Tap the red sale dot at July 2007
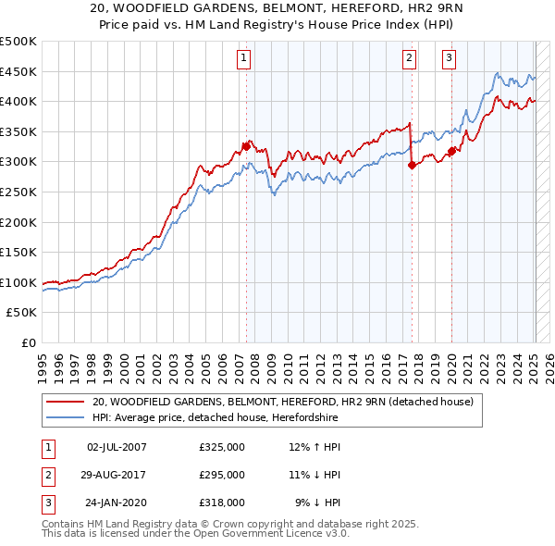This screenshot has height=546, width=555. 246,145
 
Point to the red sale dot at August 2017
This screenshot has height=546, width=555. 412,165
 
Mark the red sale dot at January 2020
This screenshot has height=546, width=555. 451,151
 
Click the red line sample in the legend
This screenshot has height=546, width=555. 65,402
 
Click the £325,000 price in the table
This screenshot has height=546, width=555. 222,447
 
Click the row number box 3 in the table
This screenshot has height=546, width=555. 48,503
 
